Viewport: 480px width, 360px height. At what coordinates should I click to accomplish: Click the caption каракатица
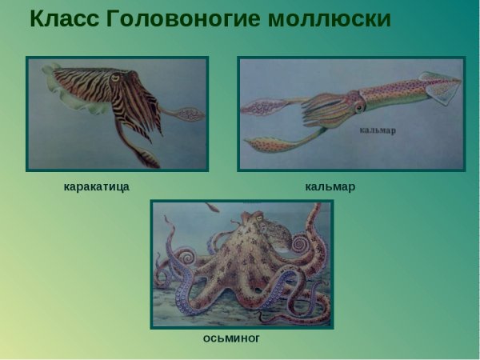pos(96,186)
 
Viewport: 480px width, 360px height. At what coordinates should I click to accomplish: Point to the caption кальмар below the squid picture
pos(330,186)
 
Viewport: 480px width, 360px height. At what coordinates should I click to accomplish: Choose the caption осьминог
pos(231,338)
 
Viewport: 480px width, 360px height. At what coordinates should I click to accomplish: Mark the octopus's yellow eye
pos(270,231)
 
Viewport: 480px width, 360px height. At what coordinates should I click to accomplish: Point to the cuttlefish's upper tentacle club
pos(189,115)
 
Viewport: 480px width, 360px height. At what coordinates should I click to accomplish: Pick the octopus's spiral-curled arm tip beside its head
pos(299,242)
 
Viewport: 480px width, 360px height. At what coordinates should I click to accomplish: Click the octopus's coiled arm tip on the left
pos(183,257)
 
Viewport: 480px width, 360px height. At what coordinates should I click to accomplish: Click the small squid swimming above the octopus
pos(212,208)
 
